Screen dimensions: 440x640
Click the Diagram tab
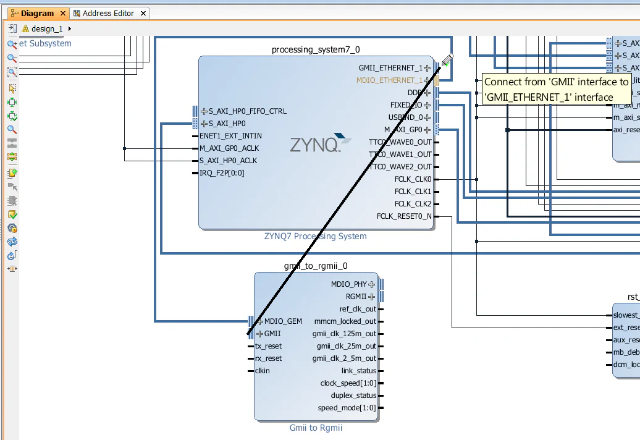(x=36, y=13)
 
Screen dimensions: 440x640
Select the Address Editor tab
(x=108, y=13)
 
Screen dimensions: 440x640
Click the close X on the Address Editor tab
(x=143, y=13)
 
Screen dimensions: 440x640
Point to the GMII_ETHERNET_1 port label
(x=390, y=68)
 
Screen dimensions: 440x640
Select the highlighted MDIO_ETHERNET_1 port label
(x=389, y=80)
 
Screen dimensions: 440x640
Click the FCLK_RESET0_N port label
(x=404, y=216)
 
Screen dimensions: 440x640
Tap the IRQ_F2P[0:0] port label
(x=222, y=173)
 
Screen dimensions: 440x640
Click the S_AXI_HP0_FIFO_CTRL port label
(x=247, y=111)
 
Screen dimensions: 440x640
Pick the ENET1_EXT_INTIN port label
(x=230, y=136)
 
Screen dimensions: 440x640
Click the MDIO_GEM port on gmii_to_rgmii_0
(x=283, y=321)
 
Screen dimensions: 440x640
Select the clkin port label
(x=262, y=371)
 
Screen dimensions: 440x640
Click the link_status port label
(x=358, y=371)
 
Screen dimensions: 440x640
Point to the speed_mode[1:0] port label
(x=347, y=408)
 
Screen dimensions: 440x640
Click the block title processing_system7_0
(x=316, y=49)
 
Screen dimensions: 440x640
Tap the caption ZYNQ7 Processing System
(x=315, y=236)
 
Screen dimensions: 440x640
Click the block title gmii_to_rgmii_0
(x=316, y=266)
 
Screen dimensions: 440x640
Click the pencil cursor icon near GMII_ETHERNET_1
(x=448, y=59)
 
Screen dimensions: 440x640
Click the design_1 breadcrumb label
(x=47, y=28)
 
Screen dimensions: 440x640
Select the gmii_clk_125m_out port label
(x=344, y=334)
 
